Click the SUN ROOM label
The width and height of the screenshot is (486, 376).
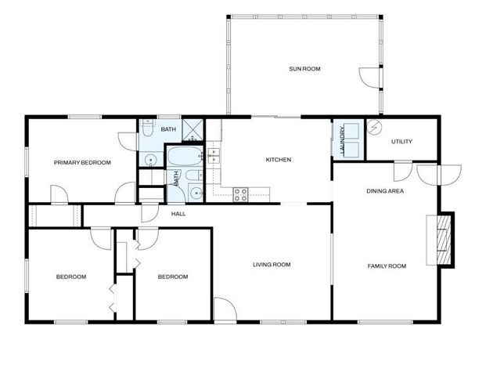pos(304,69)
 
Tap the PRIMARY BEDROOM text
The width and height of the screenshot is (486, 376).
pos(82,163)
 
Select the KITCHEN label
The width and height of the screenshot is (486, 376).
pos(278,160)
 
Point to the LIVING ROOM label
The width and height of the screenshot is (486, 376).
pos(272,265)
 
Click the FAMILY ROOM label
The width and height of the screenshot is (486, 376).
pos(387,266)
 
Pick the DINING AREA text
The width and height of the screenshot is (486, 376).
pos(385,191)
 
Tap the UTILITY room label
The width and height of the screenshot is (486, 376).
pos(401,142)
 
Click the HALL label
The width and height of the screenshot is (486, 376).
pos(178,213)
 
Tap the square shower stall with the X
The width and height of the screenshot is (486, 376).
pos(193,128)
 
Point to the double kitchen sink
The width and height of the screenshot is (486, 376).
pos(214,154)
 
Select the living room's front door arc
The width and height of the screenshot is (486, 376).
pos(223,310)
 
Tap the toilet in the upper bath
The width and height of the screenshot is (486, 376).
pos(146,134)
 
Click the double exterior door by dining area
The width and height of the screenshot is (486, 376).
pos(428,174)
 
